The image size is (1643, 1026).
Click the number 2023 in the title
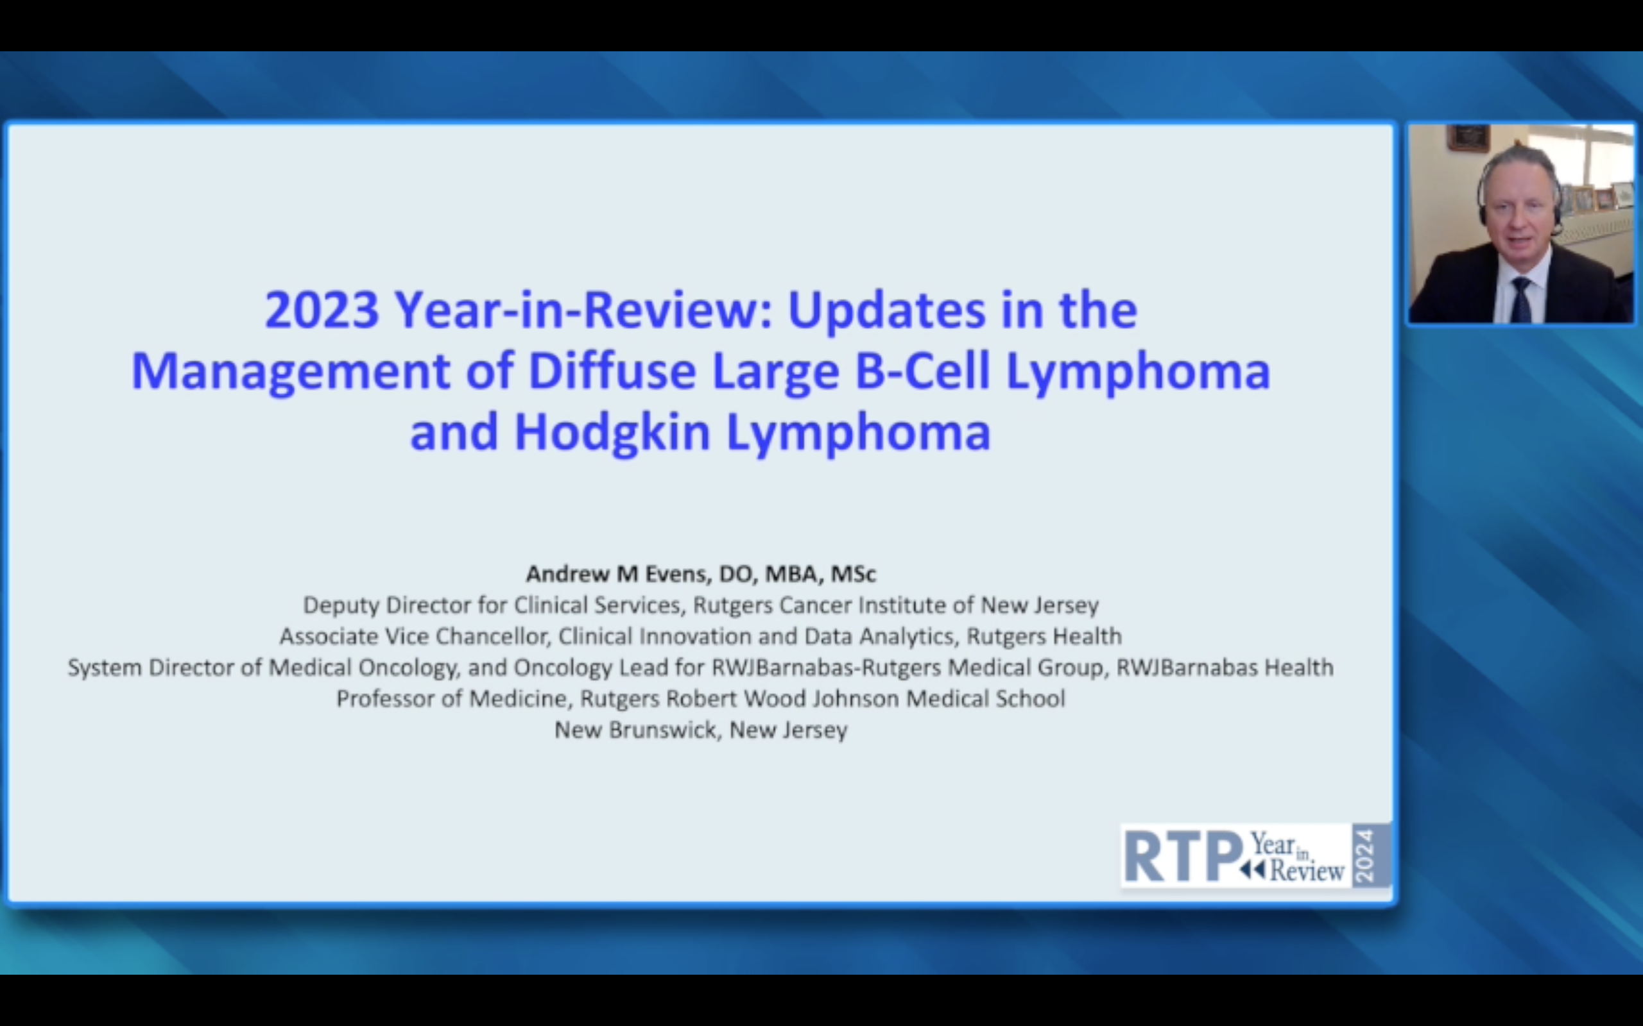pyautogui.click(x=321, y=310)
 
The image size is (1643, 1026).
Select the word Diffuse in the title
pyautogui.click(x=612, y=371)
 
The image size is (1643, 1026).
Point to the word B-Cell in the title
pyautogui.click(x=922, y=371)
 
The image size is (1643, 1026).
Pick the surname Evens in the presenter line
pyautogui.click(x=677, y=574)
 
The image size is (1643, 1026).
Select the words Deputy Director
pyautogui.click(x=386, y=605)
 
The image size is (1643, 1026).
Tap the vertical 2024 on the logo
pyautogui.click(x=1364, y=855)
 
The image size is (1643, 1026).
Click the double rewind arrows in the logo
pyautogui.click(x=1252, y=870)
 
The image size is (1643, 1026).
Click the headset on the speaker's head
pyautogui.click(x=1521, y=190)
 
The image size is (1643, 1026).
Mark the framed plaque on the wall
pyautogui.click(x=1468, y=139)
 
